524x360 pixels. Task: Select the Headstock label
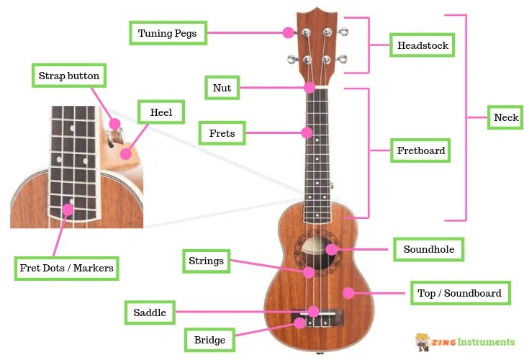423,45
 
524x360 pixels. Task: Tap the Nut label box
222,88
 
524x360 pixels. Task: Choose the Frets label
222,133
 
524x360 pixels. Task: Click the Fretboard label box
421,151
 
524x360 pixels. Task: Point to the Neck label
506,117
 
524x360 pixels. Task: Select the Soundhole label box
428,250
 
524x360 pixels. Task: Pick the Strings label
207,261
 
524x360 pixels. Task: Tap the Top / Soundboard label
459,293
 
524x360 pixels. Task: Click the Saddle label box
150,312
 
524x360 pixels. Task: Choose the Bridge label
210,340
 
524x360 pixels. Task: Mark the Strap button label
69,76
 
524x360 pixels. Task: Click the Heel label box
161,112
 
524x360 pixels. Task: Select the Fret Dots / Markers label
66,269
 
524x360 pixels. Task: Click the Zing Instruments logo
466,341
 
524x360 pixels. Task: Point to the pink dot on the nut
310,88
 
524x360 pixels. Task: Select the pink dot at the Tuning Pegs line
289,32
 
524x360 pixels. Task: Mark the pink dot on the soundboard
348,293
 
